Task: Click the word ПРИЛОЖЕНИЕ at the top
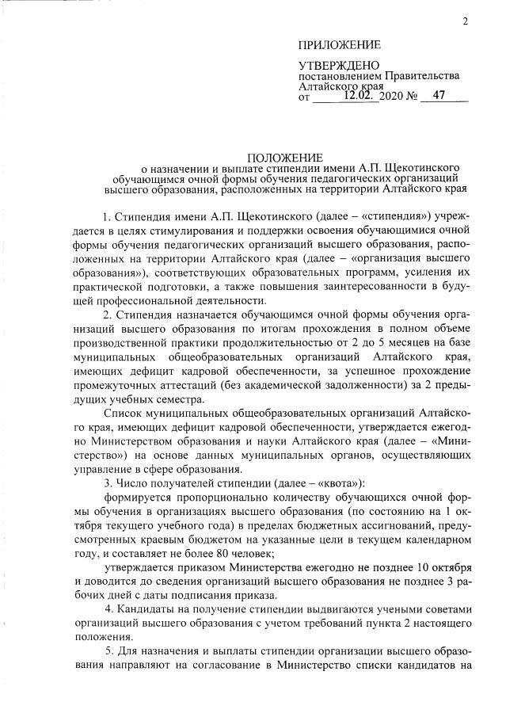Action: click(340, 44)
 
